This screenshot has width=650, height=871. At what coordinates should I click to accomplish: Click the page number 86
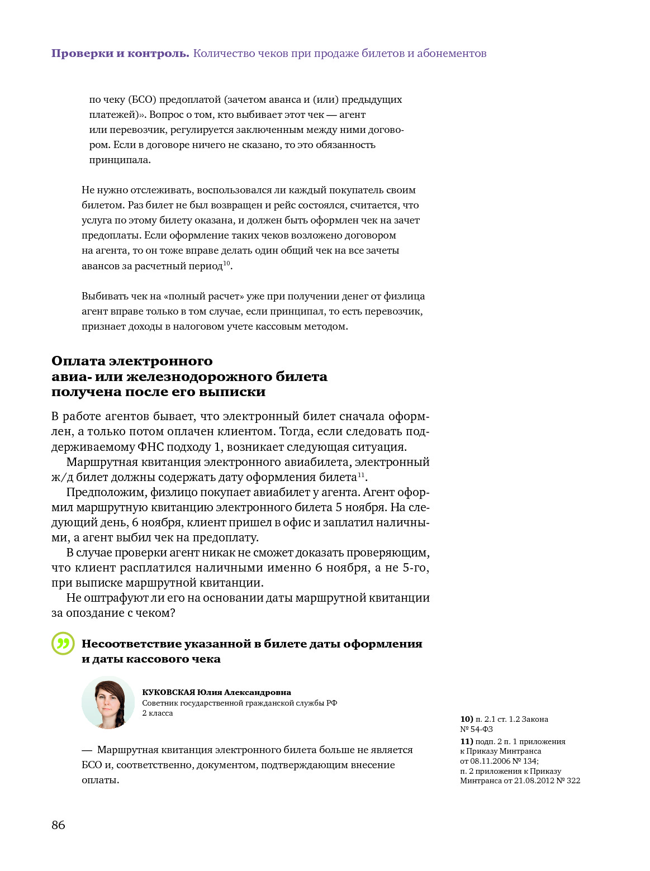58,825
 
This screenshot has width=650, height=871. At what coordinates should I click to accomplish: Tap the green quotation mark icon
63,644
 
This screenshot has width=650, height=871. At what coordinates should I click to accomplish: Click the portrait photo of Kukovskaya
108,702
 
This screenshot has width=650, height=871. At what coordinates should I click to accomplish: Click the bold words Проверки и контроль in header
120,54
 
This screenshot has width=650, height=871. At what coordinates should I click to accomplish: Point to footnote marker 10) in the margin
466,719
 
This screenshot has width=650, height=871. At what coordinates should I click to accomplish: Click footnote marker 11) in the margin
466,741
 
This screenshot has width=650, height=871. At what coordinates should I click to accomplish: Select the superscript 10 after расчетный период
226,263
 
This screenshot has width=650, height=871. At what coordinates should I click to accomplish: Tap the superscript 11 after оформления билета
361,474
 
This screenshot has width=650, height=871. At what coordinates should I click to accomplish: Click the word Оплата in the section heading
79,361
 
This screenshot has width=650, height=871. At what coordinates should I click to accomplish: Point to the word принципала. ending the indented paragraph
120,160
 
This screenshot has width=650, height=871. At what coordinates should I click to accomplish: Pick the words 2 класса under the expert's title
158,713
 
